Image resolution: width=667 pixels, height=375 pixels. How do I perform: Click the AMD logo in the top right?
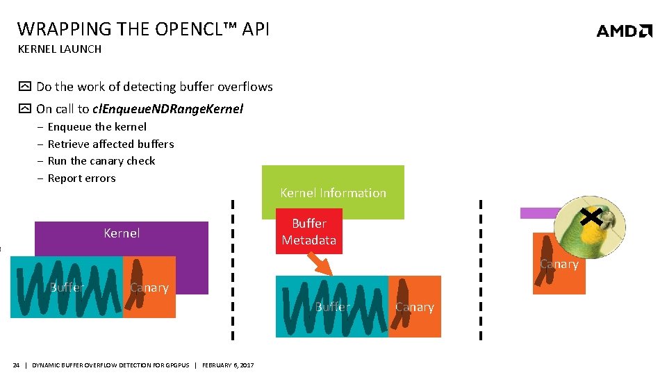(624, 31)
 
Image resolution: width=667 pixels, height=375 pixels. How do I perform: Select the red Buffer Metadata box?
(308, 232)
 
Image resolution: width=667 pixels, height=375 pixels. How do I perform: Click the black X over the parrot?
(591, 218)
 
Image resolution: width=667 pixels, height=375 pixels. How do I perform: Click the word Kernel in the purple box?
(122, 233)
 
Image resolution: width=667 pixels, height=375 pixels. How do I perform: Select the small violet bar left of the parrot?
(538, 213)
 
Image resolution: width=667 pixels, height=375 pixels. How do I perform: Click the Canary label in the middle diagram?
(414, 308)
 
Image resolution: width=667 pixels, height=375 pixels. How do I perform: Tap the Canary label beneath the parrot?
(559, 265)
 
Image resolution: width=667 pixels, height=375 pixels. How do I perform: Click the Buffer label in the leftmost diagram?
(67, 287)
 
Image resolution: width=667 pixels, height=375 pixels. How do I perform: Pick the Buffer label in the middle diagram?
(332, 307)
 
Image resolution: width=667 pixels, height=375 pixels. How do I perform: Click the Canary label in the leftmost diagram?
(149, 287)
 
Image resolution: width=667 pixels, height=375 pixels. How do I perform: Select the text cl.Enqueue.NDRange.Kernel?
(167, 109)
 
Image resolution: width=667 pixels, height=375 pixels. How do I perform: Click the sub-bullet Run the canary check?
(101, 161)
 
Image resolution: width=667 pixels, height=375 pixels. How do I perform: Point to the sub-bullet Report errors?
(81, 178)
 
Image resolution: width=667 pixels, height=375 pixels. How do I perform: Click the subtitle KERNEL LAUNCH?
(59, 49)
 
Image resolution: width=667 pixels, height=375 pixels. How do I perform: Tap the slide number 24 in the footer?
(16, 365)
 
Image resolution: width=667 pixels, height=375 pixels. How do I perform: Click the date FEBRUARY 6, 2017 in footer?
(228, 365)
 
